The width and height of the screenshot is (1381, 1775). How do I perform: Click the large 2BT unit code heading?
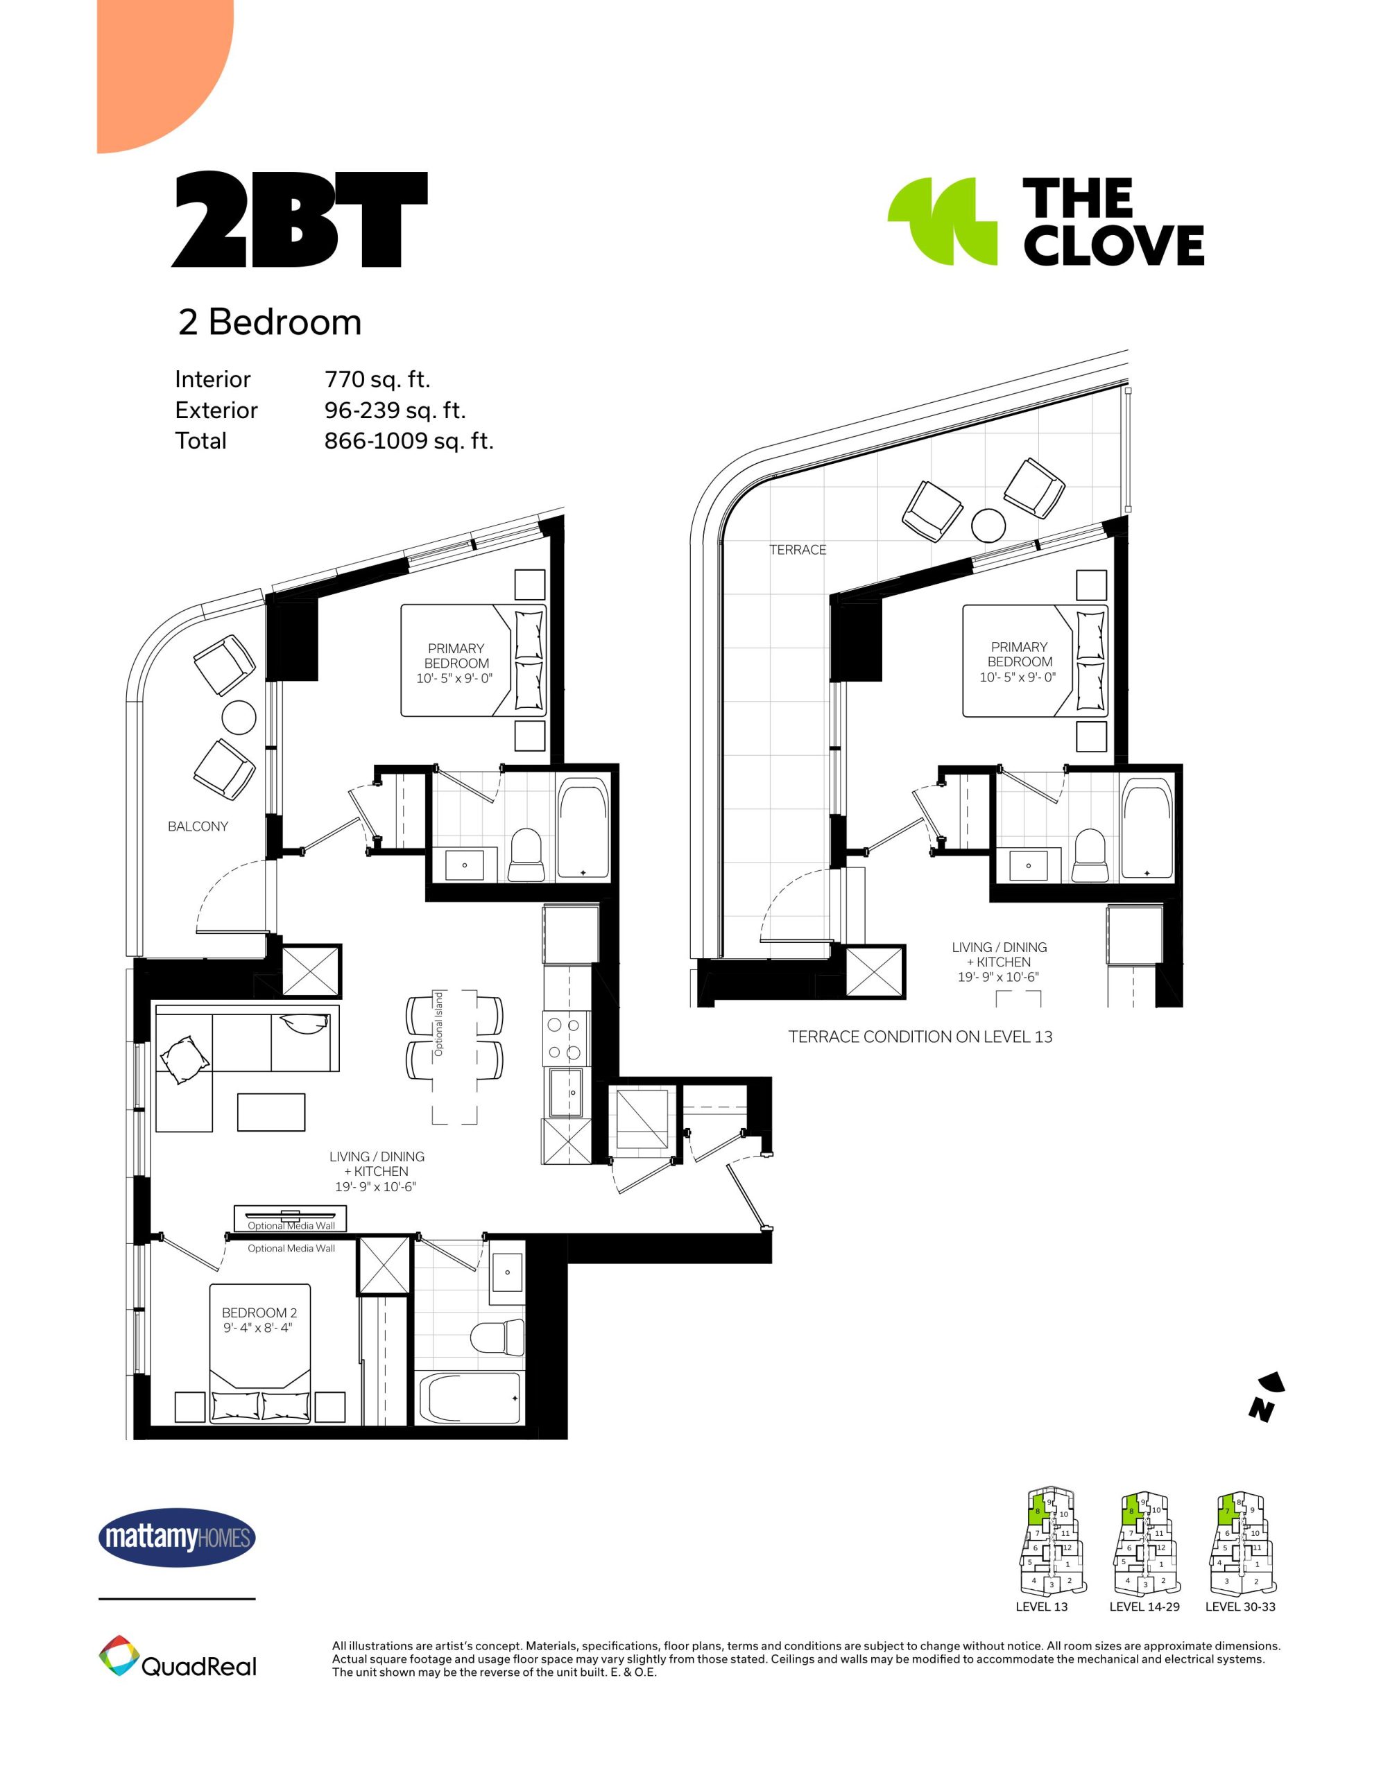[299, 219]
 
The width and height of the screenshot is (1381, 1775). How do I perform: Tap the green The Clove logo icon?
[942, 221]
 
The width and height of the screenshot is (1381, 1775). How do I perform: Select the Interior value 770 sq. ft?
[377, 379]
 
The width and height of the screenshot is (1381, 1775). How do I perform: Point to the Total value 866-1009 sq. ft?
[409, 440]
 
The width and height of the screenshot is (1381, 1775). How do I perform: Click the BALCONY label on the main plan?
[198, 826]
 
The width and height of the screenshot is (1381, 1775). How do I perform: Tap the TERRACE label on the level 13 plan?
[798, 551]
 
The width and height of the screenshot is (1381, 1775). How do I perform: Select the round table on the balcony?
[239, 718]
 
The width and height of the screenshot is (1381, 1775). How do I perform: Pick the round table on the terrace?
[988, 525]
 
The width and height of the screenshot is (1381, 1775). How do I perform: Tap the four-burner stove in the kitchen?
[564, 1038]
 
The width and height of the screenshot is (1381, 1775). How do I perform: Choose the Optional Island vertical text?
[439, 1024]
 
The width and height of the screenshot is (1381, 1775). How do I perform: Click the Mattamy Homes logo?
[177, 1538]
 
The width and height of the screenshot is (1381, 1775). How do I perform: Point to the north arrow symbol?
[1266, 1397]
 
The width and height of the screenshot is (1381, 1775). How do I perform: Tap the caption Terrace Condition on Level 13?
[920, 1037]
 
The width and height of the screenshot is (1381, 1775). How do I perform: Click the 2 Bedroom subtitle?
[269, 322]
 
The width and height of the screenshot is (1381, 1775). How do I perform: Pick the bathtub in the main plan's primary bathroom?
[583, 829]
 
